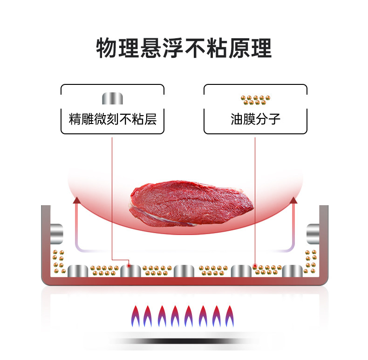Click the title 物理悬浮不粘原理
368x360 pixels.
(184, 48)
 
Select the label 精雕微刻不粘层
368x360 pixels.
(112, 119)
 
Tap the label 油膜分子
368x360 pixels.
(255, 119)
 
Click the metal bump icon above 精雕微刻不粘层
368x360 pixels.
(112, 98)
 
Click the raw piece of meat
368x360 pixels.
(191, 203)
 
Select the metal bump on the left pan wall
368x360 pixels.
(56, 233)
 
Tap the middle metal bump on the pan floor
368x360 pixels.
(184, 271)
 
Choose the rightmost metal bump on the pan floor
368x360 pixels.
(292, 271)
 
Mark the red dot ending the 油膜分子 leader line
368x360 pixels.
(255, 266)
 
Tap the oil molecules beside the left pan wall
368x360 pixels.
(59, 262)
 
